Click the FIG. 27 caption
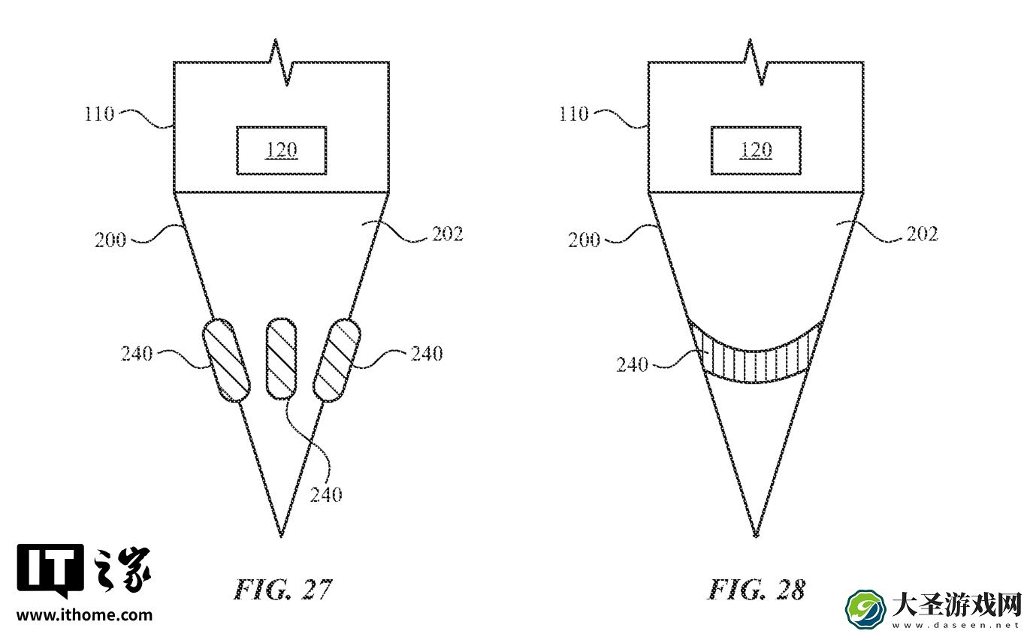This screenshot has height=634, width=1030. click(282, 590)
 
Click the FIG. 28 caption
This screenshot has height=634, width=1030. click(757, 590)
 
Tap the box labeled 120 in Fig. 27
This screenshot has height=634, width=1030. click(282, 150)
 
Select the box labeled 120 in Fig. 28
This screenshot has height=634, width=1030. click(756, 150)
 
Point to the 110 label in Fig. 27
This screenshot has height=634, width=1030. click(99, 113)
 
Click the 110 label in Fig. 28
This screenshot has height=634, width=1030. click(573, 113)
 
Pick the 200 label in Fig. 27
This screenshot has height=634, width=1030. click(110, 240)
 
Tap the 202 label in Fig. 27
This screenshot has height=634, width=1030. click(448, 234)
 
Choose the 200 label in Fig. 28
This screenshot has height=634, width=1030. click(584, 240)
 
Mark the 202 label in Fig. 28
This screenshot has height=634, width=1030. click(922, 234)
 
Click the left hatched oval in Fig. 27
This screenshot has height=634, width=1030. click(226, 360)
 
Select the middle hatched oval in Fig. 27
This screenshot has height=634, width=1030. click(281, 358)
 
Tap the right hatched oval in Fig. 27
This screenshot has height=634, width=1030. click(337, 360)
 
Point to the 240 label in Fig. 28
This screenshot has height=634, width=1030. click(633, 364)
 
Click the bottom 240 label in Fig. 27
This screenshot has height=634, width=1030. click(326, 495)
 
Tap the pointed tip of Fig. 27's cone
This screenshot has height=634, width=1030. click(282, 536)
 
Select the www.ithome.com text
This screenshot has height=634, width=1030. click(84, 615)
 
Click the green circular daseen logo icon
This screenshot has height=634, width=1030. click(865, 609)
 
